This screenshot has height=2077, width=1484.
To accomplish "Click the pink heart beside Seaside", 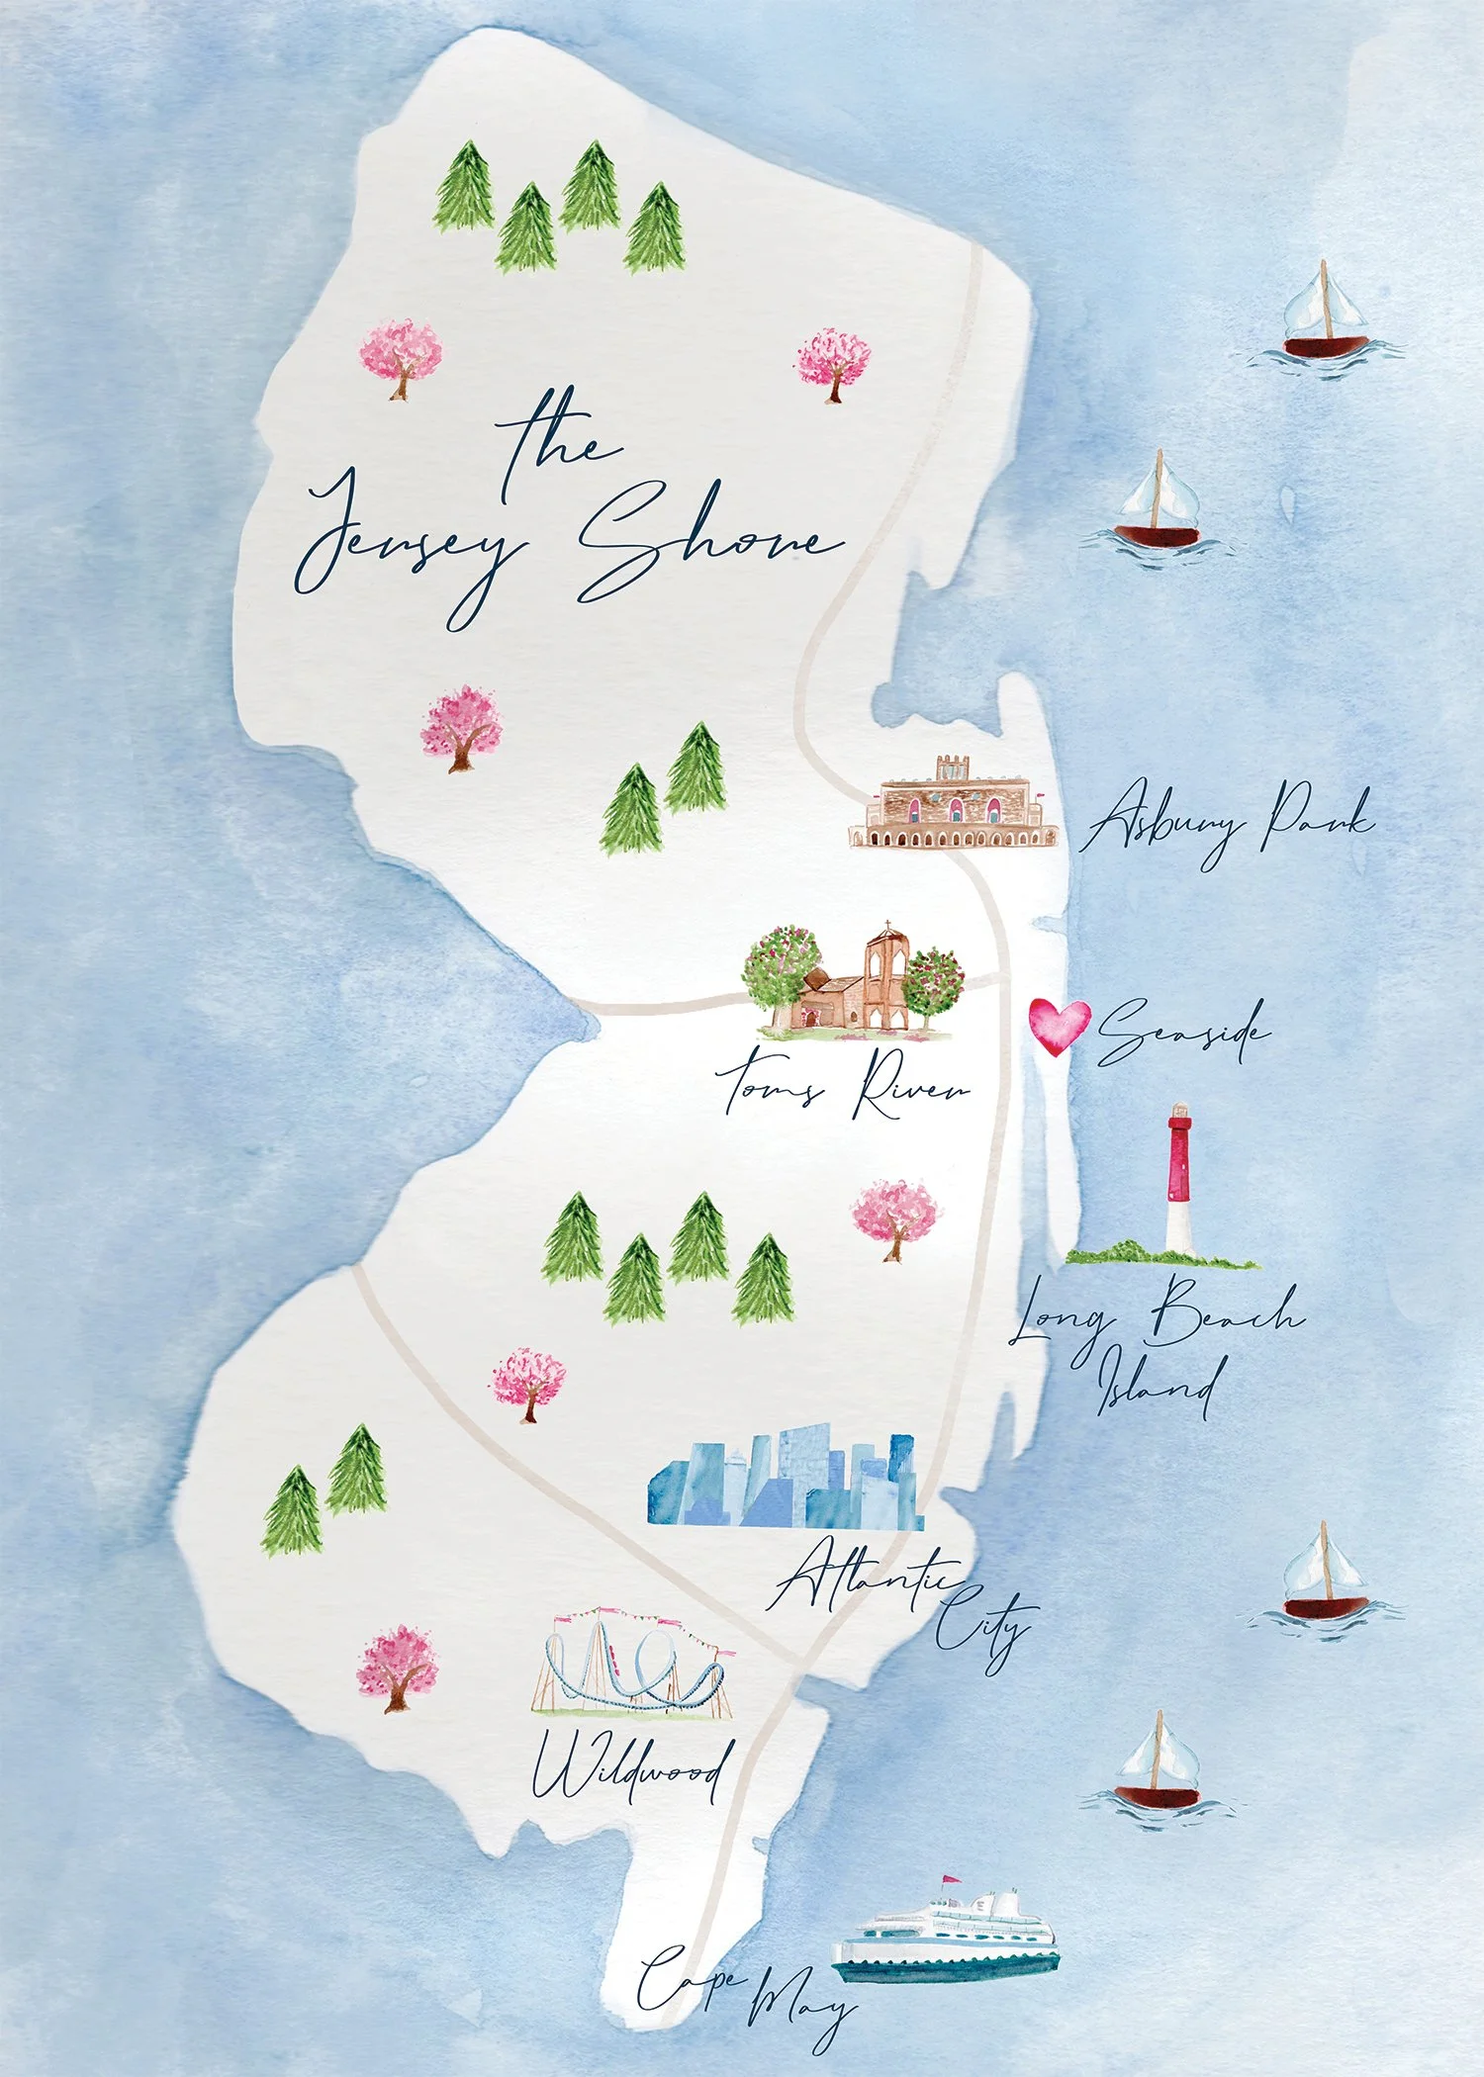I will point(1059,1025).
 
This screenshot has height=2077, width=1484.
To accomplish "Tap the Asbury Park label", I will point(1227,822).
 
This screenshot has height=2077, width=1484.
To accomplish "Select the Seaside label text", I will point(1182,1032).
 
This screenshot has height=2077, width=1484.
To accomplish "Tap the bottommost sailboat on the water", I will point(1158,1765).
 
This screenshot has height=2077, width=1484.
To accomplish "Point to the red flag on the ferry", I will point(950,1879).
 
